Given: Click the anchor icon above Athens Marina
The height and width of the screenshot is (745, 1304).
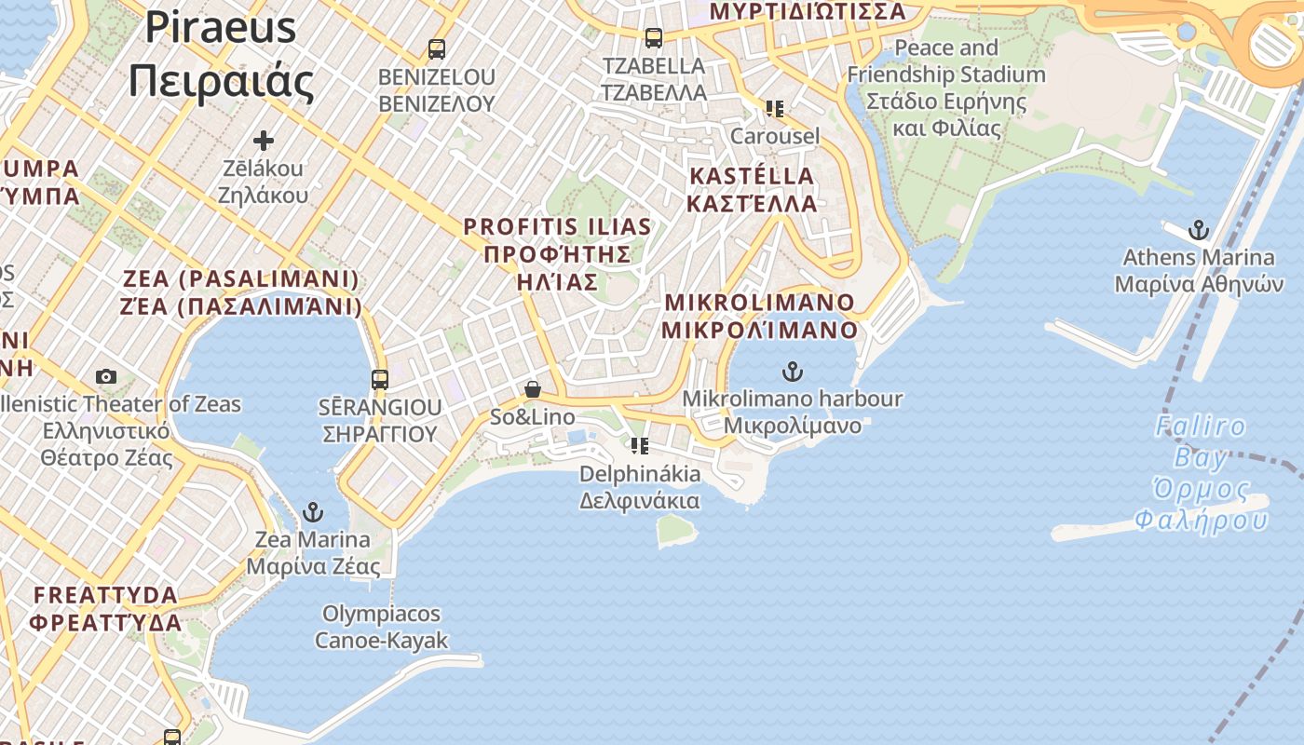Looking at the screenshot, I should (x=1198, y=230).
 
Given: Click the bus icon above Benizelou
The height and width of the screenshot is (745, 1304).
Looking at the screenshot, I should (x=436, y=48).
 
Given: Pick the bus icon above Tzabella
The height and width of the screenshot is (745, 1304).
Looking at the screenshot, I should (x=654, y=38).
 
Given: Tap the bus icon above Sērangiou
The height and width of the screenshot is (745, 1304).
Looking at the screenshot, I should (x=379, y=380).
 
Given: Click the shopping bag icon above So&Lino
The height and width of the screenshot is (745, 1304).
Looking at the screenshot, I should (x=533, y=389).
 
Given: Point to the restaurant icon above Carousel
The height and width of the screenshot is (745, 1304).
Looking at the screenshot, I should (x=774, y=109).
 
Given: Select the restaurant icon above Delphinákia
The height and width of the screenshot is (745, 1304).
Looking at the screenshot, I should (x=639, y=446).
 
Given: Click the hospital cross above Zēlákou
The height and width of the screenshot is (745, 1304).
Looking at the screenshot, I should (x=264, y=141).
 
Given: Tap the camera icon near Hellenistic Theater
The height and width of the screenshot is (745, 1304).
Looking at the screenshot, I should (x=106, y=376).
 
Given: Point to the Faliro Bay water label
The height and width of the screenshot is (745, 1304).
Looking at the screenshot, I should (x=1202, y=473).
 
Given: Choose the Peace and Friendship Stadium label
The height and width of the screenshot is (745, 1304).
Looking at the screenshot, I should (x=946, y=88).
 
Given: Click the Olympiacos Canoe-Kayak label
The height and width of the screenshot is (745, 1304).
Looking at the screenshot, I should (x=381, y=627).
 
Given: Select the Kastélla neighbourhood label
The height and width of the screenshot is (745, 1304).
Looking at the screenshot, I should (x=752, y=189).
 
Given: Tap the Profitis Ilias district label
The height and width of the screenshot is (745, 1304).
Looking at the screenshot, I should (x=557, y=253).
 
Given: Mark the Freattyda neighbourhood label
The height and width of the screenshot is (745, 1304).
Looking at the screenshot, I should (x=105, y=608).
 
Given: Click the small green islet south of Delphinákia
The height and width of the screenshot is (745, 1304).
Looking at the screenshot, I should (x=677, y=530).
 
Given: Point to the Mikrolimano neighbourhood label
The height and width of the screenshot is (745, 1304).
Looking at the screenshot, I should (x=761, y=316).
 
